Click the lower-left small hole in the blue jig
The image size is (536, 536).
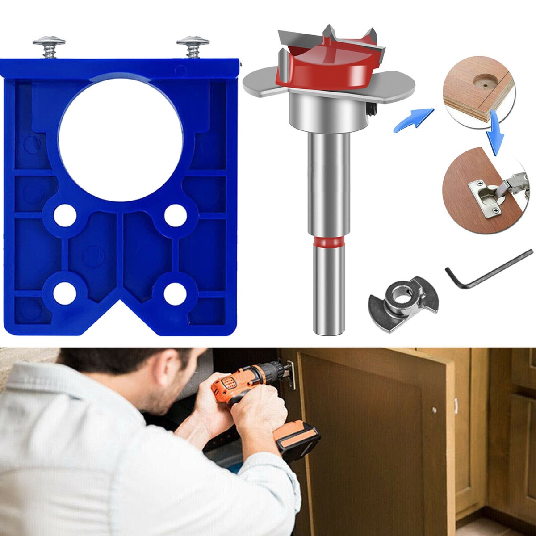click(x=65, y=293)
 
